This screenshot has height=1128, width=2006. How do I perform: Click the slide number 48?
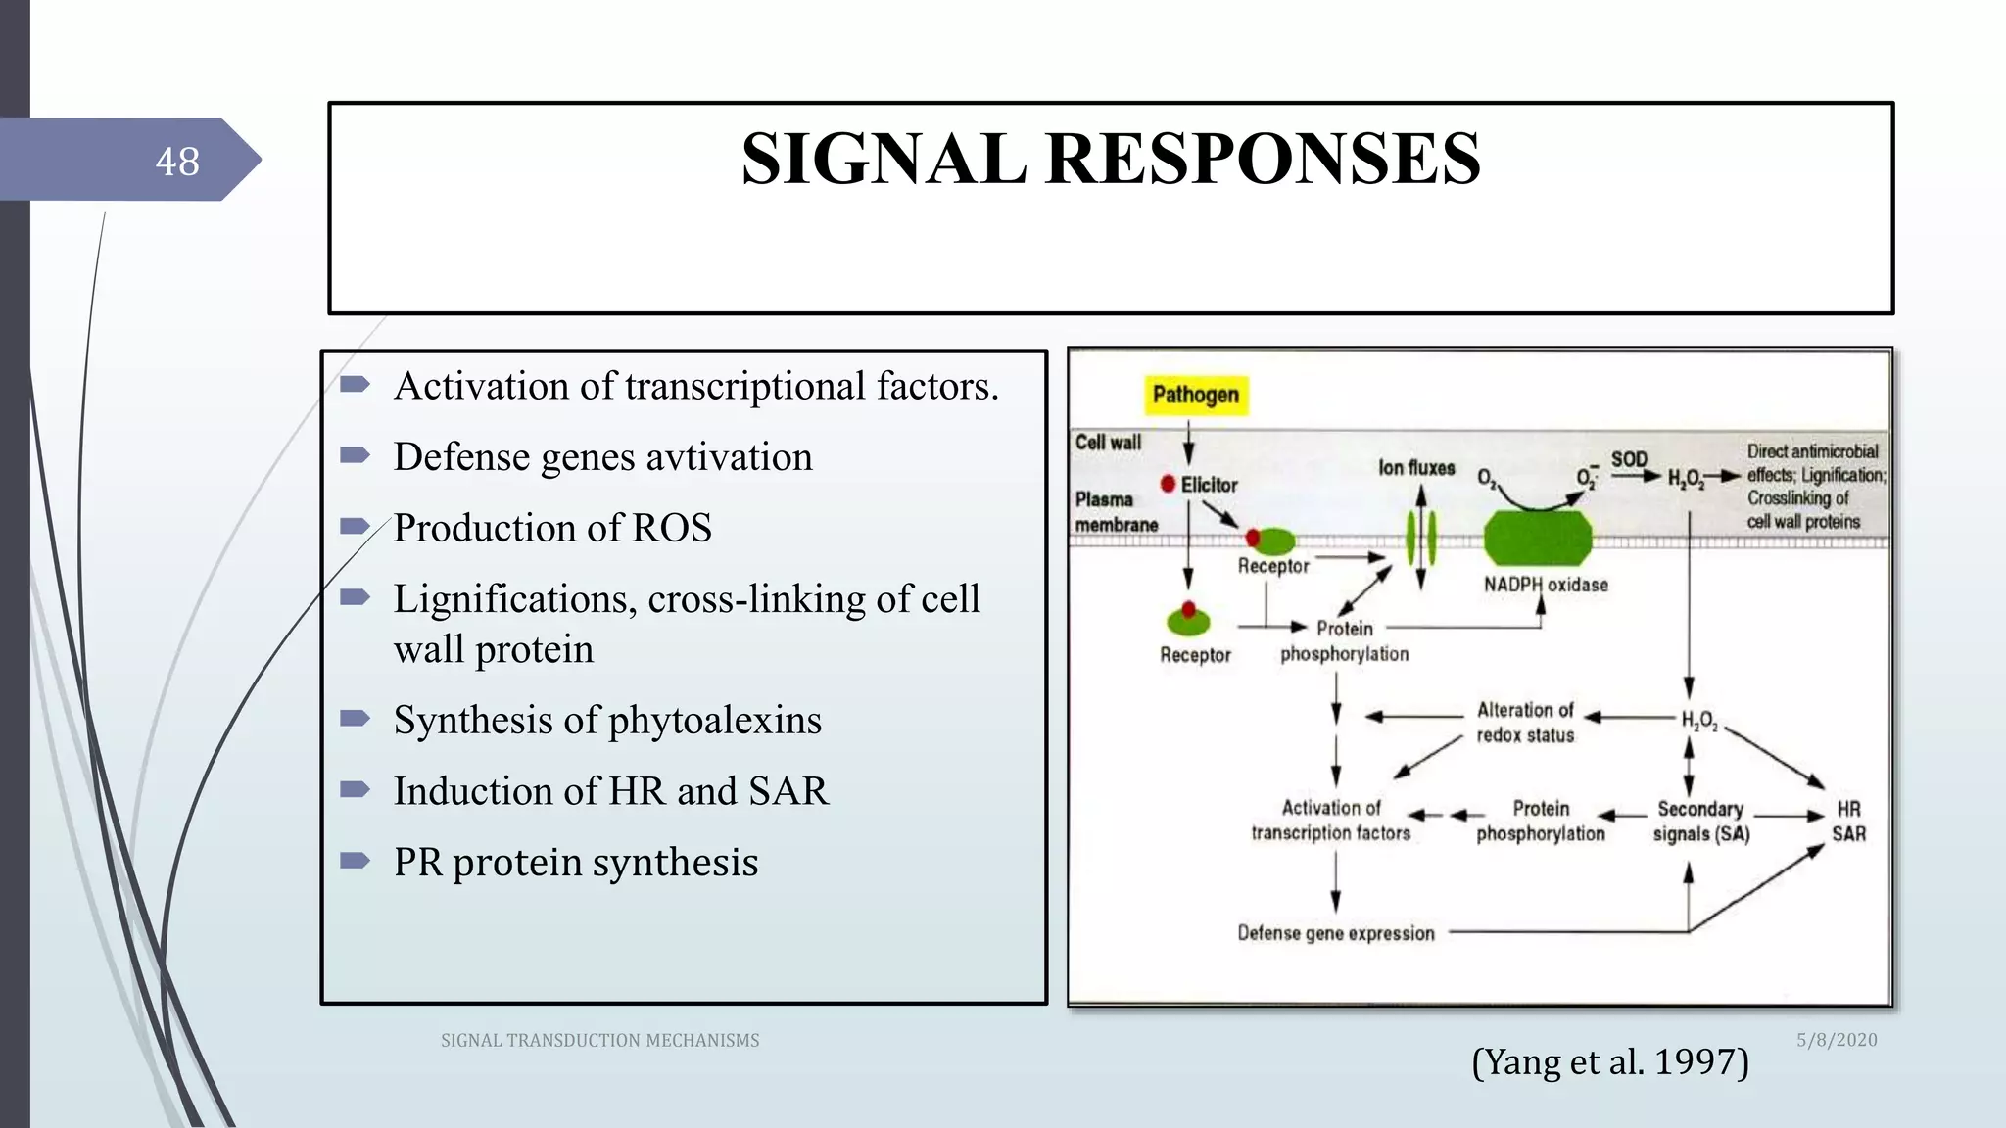pos(177,162)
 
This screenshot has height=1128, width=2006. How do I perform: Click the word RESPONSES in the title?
pos(1263,159)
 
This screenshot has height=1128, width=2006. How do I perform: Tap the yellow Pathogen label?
pos(1195,395)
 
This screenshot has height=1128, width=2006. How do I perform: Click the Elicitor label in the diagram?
pos(1209,485)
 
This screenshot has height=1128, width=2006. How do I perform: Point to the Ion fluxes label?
pos(1416,468)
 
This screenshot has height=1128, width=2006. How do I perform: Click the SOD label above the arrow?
pos(1629,459)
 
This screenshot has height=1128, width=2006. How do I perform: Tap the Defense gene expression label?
pos(1335,933)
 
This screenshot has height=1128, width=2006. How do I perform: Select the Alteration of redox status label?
pos(1525,723)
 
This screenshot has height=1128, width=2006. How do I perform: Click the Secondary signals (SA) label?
pos(1700,822)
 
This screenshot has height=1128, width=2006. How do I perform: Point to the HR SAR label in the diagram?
pos(1848,822)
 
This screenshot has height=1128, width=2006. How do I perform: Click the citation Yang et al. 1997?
pos(1609,1061)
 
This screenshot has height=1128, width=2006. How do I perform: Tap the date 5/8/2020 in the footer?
pos(1836,1040)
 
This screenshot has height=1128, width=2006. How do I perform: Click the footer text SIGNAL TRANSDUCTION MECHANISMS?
pos(599,1041)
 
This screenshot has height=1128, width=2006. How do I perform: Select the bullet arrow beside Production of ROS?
pos(354,527)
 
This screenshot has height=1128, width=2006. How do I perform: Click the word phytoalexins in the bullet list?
pos(714,721)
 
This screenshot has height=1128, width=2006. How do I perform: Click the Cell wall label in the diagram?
pos(1108,443)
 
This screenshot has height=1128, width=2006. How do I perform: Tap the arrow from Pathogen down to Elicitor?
pos(1188,443)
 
